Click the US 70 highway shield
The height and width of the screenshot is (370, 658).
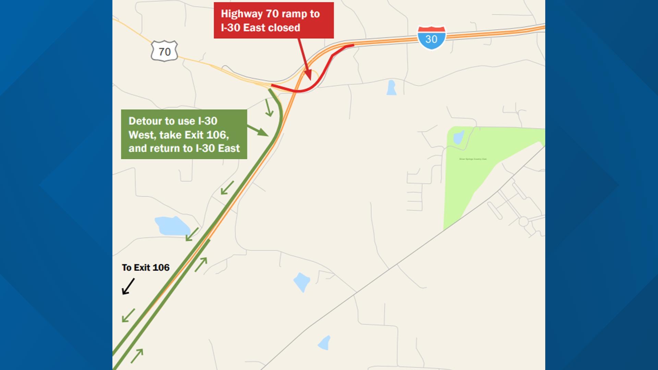tap(164, 51)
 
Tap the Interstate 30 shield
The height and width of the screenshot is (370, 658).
tap(431, 38)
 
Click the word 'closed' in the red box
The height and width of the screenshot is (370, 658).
tap(283, 28)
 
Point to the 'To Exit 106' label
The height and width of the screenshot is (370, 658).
tap(146, 268)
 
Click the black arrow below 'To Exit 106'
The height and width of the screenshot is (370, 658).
tap(128, 286)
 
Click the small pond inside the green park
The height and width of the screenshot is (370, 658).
tap(458, 138)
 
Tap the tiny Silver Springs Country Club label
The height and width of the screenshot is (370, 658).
tap(473, 159)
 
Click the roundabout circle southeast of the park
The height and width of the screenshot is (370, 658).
tap(523, 222)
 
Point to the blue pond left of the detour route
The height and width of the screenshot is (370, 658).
tap(172, 226)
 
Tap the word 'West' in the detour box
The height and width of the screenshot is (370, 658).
tap(142, 135)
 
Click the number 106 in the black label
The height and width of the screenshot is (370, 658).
tap(160, 268)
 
